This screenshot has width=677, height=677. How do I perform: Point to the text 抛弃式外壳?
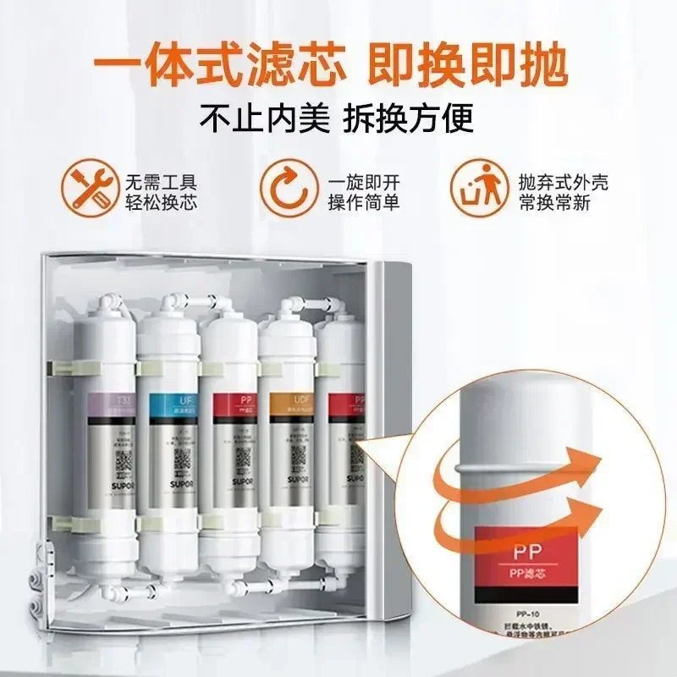coord(562,181)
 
